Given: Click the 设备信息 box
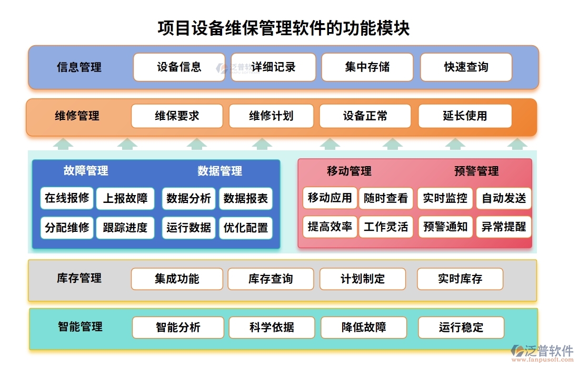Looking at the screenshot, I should [x=179, y=67].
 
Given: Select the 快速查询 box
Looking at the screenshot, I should [x=466, y=67].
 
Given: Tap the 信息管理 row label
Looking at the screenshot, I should [x=79, y=67].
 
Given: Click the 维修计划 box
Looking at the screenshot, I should [x=271, y=116].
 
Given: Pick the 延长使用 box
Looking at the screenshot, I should [x=465, y=116].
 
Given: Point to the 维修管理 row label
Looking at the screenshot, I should [x=77, y=116].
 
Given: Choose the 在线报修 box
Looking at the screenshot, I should [x=67, y=198].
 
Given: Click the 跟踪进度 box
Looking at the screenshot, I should [x=125, y=228].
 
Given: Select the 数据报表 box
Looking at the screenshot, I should [x=246, y=198].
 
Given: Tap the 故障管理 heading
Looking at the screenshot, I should [x=86, y=171].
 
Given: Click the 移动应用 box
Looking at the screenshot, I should [x=330, y=198].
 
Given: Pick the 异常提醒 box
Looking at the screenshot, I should [x=504, y=227].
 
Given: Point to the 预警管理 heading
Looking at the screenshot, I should [x=476, y=171].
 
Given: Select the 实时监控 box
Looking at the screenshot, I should [x=445, y=198].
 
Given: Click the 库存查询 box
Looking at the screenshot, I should [x=271, y=279].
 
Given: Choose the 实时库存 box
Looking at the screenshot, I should [x=460, y=279].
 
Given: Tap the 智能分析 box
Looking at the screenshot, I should [x=178, y=327].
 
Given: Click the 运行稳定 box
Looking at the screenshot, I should [x=461, y=327].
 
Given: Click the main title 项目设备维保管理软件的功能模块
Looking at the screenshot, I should [x=284, y=28].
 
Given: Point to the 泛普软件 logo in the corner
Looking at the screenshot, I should [x=543, y=352].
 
